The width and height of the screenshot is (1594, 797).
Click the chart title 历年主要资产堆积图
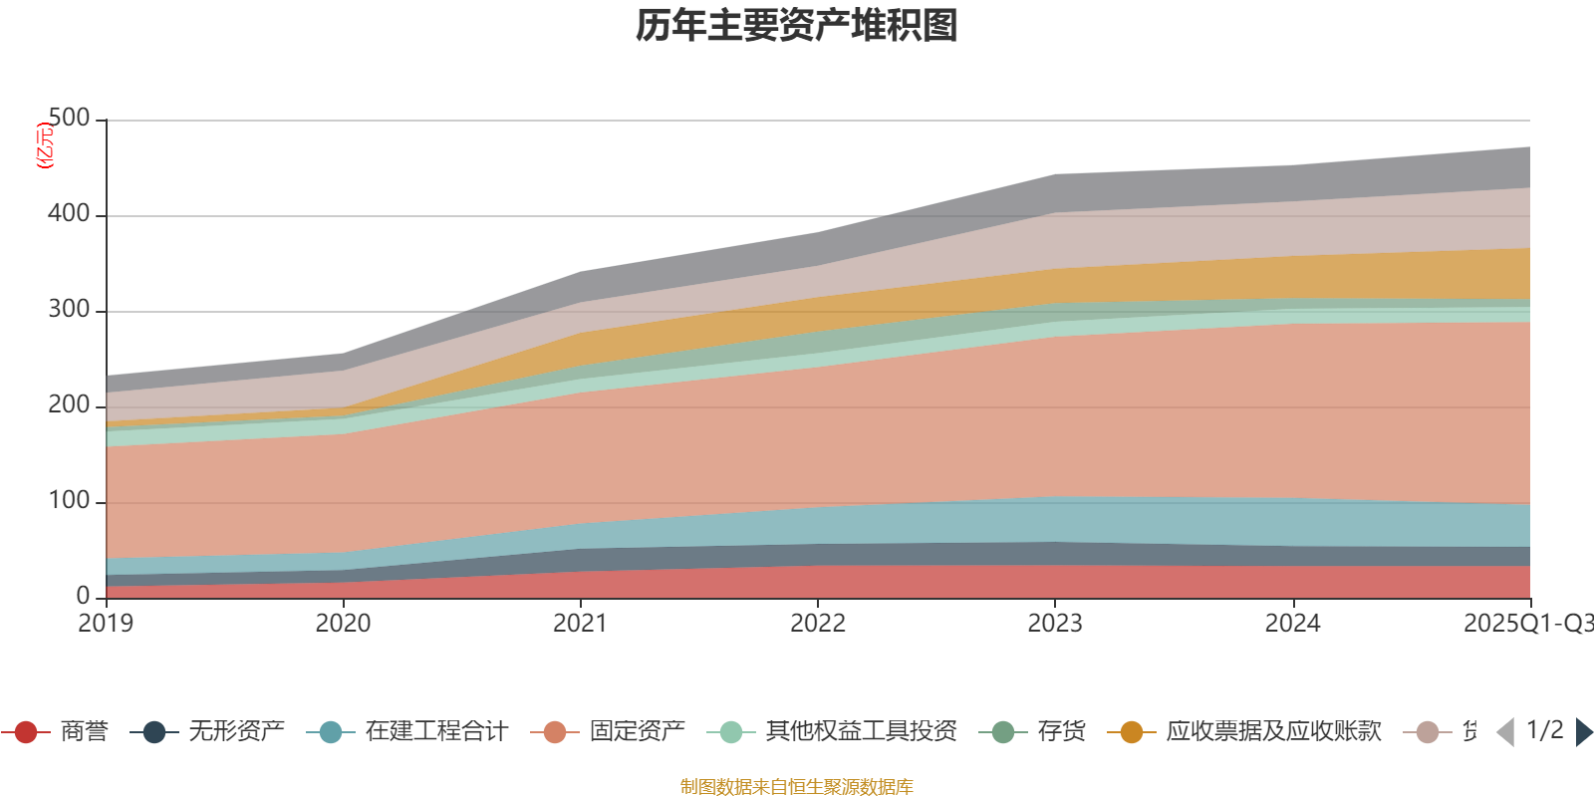[797, 26]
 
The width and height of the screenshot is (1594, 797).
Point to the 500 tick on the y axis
[69, 119]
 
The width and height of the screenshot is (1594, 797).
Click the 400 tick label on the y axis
[69, 214]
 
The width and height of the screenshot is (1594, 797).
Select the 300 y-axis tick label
[69, 310]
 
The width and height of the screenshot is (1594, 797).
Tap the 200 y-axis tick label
[69, 405]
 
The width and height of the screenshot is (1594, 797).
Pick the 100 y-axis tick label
[69, 501]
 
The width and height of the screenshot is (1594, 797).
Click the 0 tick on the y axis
[83, 596]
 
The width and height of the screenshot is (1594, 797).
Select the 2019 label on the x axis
[106, 624]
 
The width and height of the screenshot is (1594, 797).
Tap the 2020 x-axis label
[343, 624]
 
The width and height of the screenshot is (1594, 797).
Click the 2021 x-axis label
[580, 624]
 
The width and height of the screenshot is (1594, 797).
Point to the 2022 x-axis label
[817, 624]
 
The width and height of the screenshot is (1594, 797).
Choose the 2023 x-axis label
[1055, 624]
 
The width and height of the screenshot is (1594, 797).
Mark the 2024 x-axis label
[1292, 624]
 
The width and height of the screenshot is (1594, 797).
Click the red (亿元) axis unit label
[45, 145]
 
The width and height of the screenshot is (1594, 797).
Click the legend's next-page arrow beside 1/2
[1582, 732]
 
